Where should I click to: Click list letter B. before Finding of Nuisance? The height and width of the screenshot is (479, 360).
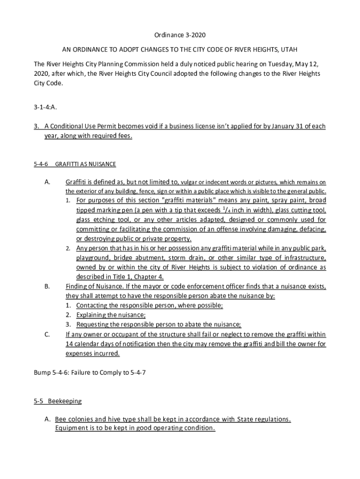[x=47, y=286]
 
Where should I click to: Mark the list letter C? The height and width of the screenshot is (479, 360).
[x=47, y=334]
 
